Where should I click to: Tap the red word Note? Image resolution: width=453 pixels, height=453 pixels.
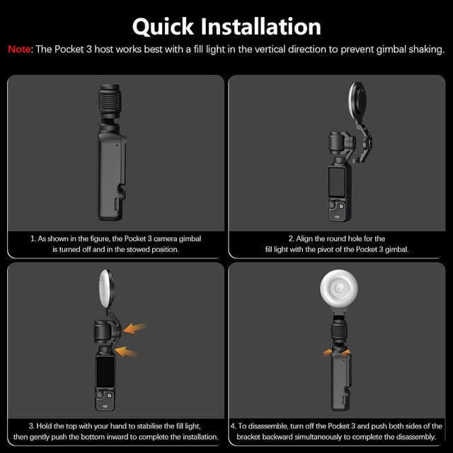[20, 49]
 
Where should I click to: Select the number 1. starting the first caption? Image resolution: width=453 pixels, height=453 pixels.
[33, 239]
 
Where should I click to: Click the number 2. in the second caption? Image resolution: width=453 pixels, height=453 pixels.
[291, 239]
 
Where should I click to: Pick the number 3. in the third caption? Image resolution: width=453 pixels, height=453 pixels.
[31, 426]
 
